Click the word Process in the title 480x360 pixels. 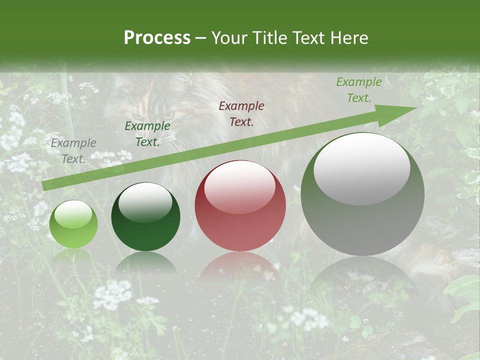157,37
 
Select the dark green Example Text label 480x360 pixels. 147,134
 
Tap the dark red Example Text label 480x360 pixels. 241,114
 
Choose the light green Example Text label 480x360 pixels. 359,90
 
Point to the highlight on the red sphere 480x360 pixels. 239,186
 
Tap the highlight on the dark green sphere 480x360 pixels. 145,202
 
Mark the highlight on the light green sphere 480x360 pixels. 73,214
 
